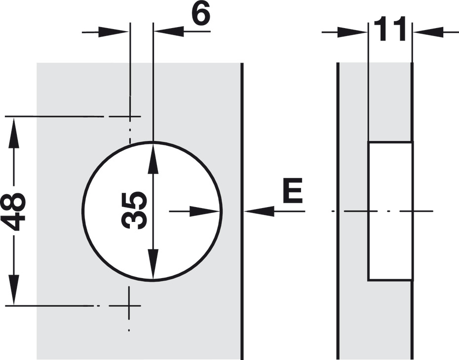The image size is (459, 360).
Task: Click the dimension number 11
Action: (x=390, y=29)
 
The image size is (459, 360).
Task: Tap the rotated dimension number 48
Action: (x=15, y=211)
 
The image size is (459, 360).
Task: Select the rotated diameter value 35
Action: (x=134, y=211)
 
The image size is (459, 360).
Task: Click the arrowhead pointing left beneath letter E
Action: (x=259, y=211)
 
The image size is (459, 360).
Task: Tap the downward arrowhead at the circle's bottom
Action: (x=153, y=264)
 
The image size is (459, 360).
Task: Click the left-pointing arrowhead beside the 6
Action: (x=169, y=31)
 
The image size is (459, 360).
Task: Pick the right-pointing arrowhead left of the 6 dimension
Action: (x=114, y=32)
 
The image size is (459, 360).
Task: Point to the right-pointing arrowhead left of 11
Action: (x=352, y=32)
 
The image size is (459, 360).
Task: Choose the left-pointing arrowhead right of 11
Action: (x=428, y=32)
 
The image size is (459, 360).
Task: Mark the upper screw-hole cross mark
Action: (x=129, y=116)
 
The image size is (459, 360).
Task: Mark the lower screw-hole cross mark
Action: (x=129, y=306)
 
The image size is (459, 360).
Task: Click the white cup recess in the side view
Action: (x=390, y=211)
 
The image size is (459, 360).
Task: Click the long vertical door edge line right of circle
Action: (x=242, y=211)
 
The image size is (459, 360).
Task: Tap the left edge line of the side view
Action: (x=338, y=211)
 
